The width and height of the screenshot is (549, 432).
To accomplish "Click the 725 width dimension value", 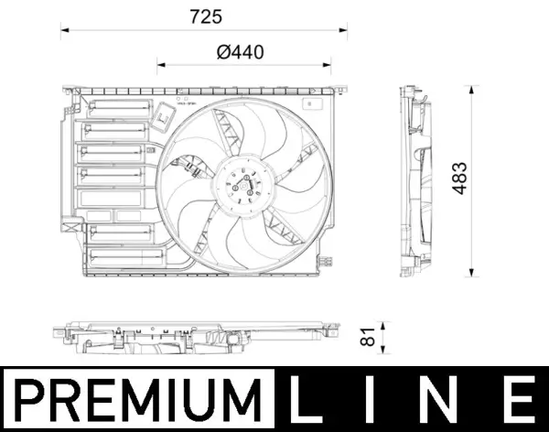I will pyautogui.click(x=207, y=16).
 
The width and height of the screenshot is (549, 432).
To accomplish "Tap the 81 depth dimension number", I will pyautogui.click(x=370, y=338).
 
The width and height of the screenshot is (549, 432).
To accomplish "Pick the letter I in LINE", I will pyautogui.click(x=376, y=400).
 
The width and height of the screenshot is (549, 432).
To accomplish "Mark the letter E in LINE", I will pyautogui.click(x=517, y=400).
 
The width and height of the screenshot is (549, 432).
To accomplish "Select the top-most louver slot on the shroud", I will pyautogui.click(x=119, y=107).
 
